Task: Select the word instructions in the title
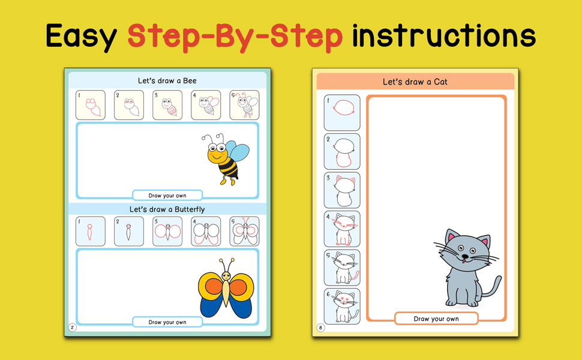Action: (443, 35)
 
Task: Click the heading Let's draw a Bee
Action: (167, 80)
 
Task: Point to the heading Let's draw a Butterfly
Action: (167, 209)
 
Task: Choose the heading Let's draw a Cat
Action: (415, 82)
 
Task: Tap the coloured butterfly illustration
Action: (226, 289)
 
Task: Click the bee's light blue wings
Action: (237, 152)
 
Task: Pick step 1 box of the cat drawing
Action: (342, 112)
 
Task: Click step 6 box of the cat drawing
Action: (342, 306)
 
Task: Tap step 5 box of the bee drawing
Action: (244, 105)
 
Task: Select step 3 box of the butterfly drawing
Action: (167, 231)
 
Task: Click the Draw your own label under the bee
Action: (167, 196)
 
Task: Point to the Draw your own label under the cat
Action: (436, 319)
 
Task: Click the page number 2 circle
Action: (73, 328)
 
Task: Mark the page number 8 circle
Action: (320, 328)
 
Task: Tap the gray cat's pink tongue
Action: (464, 261)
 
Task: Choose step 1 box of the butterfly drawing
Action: (91, 231)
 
